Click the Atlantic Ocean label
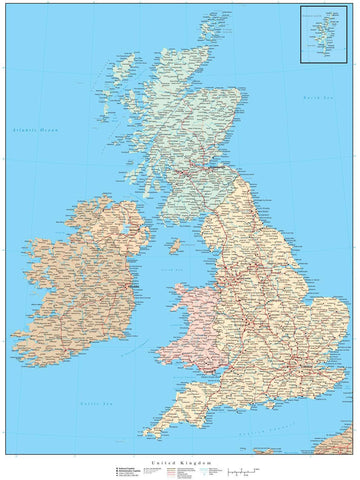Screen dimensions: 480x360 point(36,131)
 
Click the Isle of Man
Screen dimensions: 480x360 point(174,243)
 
